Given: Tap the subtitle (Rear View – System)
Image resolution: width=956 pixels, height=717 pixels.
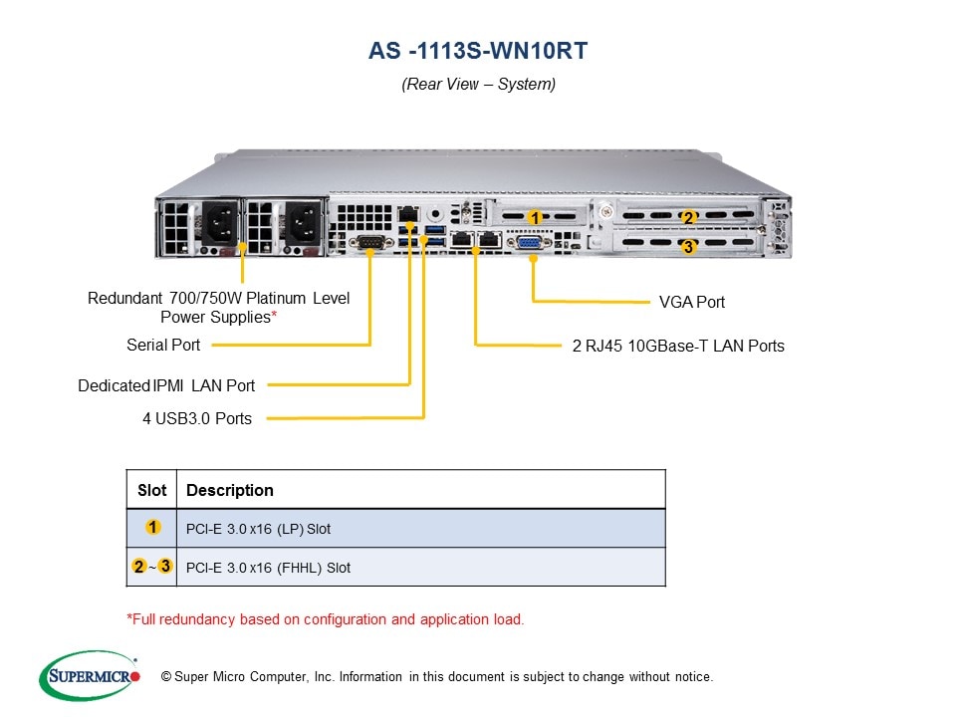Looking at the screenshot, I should click(478, 85).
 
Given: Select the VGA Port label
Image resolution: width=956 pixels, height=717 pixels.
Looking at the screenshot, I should click(692, 302).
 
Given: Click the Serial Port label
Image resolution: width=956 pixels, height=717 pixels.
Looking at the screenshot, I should click(163, 345).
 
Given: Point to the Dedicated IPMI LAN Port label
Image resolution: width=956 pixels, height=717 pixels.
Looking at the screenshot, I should click(166, 385).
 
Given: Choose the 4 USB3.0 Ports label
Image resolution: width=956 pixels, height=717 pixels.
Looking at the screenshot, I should click(197, 418).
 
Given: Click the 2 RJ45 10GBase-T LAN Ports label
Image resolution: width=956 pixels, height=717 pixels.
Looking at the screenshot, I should click(678, 347).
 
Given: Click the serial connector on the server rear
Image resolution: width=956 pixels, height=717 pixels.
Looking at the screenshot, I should click(370, 241).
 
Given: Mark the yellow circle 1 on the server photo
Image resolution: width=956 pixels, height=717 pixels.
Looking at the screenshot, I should click(534, 217).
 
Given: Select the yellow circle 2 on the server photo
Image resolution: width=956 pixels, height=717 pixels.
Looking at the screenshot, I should click(687, 218).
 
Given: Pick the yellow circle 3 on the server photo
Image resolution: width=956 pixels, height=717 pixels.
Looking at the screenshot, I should click(687, 247).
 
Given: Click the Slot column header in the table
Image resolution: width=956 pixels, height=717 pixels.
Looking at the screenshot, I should click(152, 490).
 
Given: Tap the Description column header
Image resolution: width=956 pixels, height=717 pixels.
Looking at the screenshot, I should click(230, 490).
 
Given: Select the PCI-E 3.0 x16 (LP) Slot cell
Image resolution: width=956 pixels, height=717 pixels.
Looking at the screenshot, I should click(258, 528).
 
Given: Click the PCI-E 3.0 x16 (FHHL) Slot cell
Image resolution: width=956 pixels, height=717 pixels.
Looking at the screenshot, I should click(268, 568).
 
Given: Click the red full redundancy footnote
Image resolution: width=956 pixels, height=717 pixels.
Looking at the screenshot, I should click(326, 619).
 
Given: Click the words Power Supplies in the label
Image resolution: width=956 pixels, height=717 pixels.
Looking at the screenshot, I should click(215, 317).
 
